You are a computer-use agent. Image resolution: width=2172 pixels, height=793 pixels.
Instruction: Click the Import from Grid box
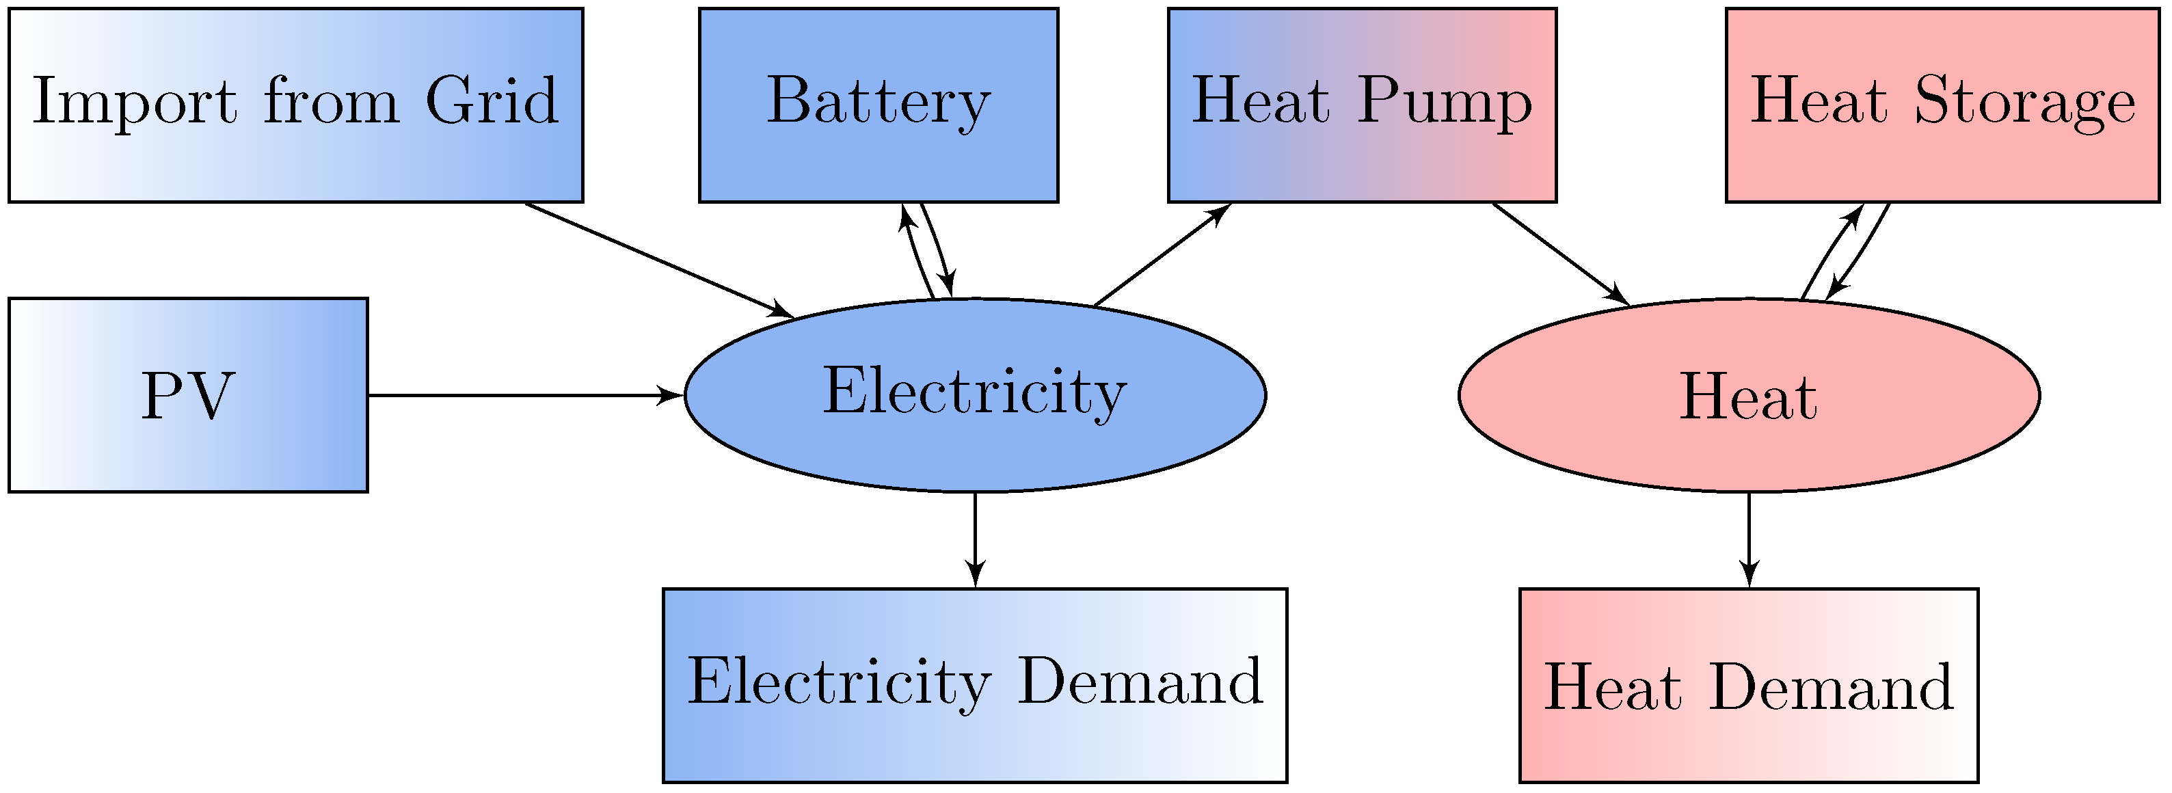click(295, 105)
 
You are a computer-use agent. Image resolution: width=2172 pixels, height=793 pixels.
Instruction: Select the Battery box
click(878, 105)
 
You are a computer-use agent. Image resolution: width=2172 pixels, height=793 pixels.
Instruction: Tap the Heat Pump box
click(1362, 105)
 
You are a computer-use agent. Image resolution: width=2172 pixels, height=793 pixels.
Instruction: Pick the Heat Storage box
click(1942, 105)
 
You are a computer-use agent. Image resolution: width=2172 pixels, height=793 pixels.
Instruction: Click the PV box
click(188, 395)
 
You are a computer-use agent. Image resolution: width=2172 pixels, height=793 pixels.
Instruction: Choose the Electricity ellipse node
click(975, 395)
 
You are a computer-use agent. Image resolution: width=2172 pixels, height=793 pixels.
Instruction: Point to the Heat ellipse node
click(1749, 395)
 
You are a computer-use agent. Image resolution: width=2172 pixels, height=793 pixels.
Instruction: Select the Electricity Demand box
click(975, 685)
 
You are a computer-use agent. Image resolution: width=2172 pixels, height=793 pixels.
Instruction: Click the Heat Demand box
click(1749, 685)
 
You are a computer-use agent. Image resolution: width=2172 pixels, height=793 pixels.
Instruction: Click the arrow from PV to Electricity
click(523, 394)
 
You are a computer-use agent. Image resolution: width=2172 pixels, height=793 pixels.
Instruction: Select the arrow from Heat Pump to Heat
click(1560, 254)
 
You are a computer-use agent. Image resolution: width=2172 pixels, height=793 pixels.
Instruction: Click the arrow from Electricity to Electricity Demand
click(976, 539)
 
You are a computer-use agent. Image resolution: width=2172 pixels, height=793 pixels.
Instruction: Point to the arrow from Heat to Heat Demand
click(1749, 539)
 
